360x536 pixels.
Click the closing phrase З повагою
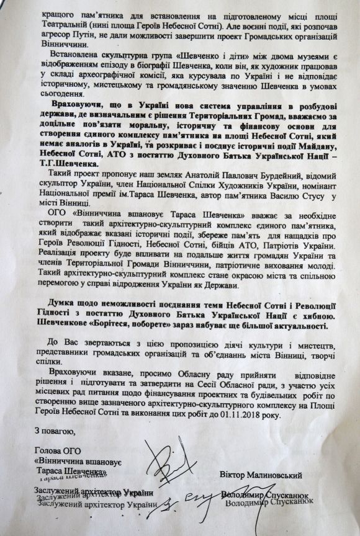[x=55, y=431]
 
